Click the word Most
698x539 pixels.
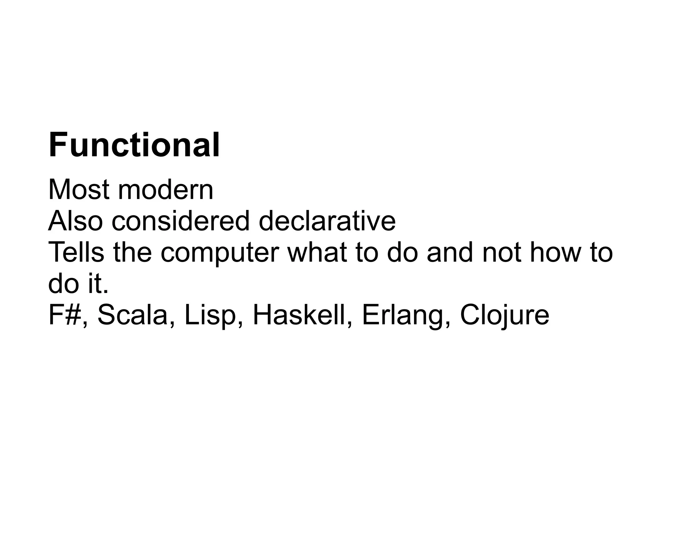[x=79, y=189]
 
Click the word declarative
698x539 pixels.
[x=327, y=221]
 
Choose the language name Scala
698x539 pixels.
[x=134, y=315]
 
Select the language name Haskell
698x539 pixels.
[x=299, y=315]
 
